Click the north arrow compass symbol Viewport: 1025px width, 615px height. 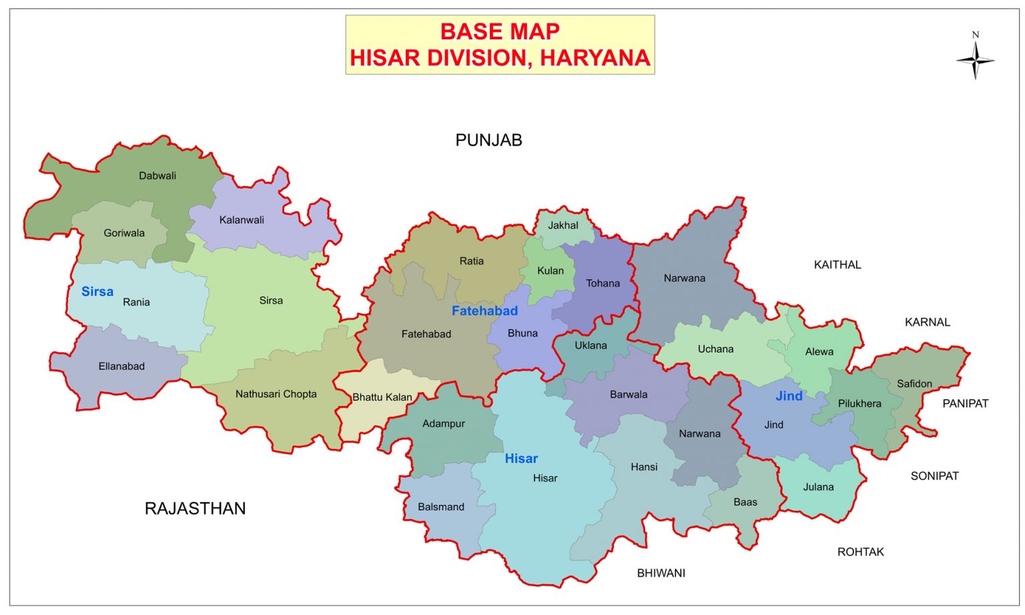[975, 60]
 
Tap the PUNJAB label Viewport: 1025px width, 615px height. [488, 140]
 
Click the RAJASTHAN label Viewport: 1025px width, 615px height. [195, 508]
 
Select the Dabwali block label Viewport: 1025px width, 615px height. [157, 176]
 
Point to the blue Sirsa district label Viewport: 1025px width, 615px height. [97, 291]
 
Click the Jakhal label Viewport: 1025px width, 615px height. [563, 225]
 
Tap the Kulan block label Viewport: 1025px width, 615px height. [551, 271]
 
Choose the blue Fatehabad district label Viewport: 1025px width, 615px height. [484, 311]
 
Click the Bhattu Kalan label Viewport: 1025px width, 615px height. [382, 397]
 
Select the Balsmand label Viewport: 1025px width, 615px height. [440, 507]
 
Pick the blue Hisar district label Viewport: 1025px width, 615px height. [521, 458]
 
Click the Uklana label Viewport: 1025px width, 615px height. [591, 346]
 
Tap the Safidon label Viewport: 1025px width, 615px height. [914, 384]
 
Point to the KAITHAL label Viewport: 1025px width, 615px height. [837, 265]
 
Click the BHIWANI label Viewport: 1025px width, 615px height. [661, 573]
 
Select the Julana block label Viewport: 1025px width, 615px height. [818, 487]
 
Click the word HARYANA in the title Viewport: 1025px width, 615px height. [595, 58]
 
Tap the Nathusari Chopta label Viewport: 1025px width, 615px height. [276, 394]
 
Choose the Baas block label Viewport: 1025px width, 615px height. [745, 502]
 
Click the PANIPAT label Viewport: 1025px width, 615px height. [965, 404]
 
